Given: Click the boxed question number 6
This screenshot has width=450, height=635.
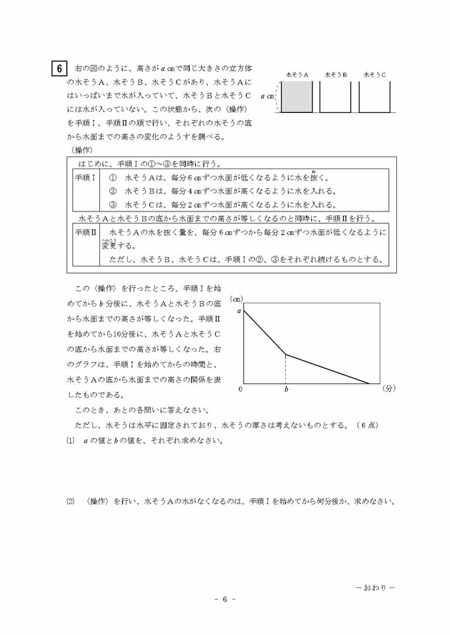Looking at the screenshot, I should coord(59,68).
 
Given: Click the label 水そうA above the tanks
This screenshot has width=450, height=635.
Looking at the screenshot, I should coord(298,75).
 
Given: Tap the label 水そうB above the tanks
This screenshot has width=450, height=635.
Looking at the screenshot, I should coord(336,75).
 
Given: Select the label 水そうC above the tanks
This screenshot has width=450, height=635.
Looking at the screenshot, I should coord(375,75).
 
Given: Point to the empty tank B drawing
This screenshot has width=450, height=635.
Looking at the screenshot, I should coord(336,98).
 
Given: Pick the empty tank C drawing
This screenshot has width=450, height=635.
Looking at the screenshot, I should coord(374,98).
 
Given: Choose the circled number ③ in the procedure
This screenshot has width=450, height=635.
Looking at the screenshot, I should coord(112,204).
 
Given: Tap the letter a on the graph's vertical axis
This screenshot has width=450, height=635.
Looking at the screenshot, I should coord(240,309).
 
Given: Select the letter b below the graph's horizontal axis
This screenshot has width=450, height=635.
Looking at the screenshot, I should coord(286,391).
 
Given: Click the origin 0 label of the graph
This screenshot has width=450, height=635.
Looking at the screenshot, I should coord(241,390).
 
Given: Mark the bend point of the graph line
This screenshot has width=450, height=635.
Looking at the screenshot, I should coord(286,355).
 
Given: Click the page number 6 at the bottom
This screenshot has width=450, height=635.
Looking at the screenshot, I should coord(224,600).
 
